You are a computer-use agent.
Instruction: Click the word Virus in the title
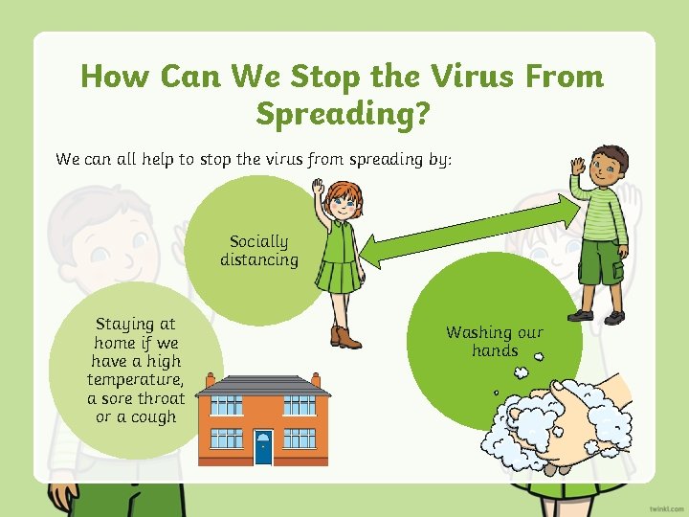click(x=470, y=76)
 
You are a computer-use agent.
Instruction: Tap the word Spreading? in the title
click(x=343, y=114)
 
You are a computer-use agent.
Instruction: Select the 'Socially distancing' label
click(x=258, y=251)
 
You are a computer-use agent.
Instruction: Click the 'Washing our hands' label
click(x=494, y=342)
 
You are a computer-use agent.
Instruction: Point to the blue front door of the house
click(x=263, y=446)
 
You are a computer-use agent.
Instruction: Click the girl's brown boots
click(x=345, y=337)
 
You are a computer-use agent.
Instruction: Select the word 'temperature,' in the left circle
click(x=136, y=380)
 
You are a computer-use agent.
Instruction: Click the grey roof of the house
click(x=263, y=385)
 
